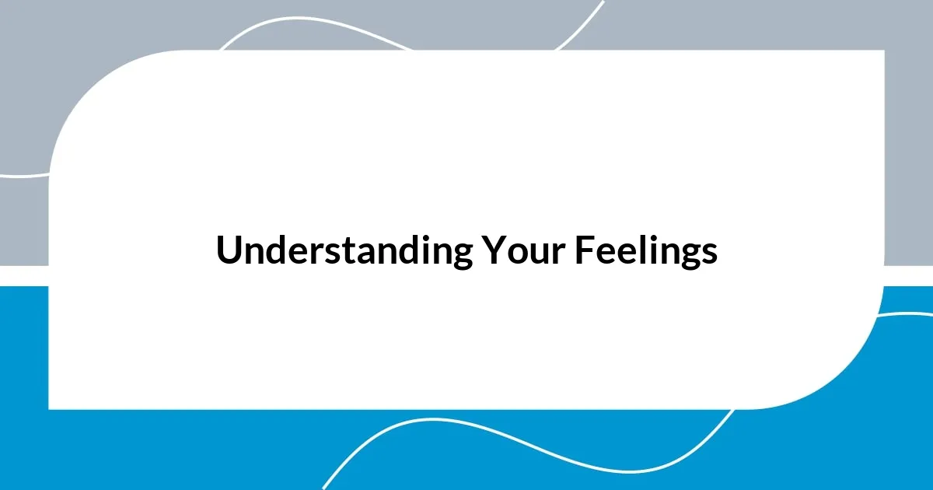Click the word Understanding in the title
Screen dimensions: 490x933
coord(344,251)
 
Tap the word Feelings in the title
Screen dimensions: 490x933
coord(646,251)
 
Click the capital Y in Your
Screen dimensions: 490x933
coord(492,251)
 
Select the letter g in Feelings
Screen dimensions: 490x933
coord(690,257)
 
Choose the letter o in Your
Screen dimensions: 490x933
coord(512,254)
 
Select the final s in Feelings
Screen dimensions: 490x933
coord(709,254)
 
